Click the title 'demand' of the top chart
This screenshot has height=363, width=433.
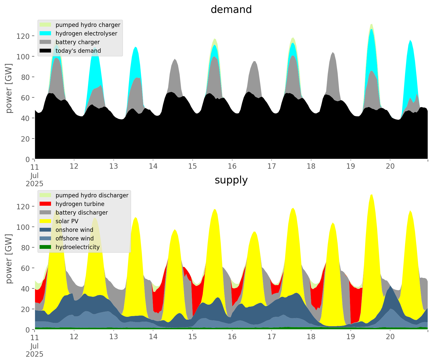(x=231, y=10)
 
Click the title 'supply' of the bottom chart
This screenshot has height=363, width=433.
(x=231, y=180)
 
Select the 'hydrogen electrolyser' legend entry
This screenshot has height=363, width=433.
(x=86, y=33)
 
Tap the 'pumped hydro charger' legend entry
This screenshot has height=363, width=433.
(x=88, y=25)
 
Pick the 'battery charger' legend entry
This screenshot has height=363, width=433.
(x=77, y=42)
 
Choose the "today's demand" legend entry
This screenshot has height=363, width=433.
(x=78, y=51)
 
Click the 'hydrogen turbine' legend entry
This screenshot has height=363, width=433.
(x=80, y=204)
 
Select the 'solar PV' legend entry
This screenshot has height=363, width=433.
(x=67, y=221)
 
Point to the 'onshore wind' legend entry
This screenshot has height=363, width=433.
(x=74, y=230)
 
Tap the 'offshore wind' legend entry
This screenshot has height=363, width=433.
(x=75, y=238)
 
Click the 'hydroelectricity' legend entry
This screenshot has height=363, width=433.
(x=78, y=247)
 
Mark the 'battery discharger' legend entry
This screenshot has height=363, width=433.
(x=82, y=213)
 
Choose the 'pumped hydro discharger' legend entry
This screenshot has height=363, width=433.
(x=92, y=195)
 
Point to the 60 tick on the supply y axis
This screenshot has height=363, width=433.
(x=25, y=268)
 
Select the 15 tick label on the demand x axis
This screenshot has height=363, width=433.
(x=193, y=166)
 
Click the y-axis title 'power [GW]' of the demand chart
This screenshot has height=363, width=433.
(x=9, y=88)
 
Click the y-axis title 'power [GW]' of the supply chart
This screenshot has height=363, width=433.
(x=9, y=259)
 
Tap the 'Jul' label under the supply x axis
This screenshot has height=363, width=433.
(x=35, y=346)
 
